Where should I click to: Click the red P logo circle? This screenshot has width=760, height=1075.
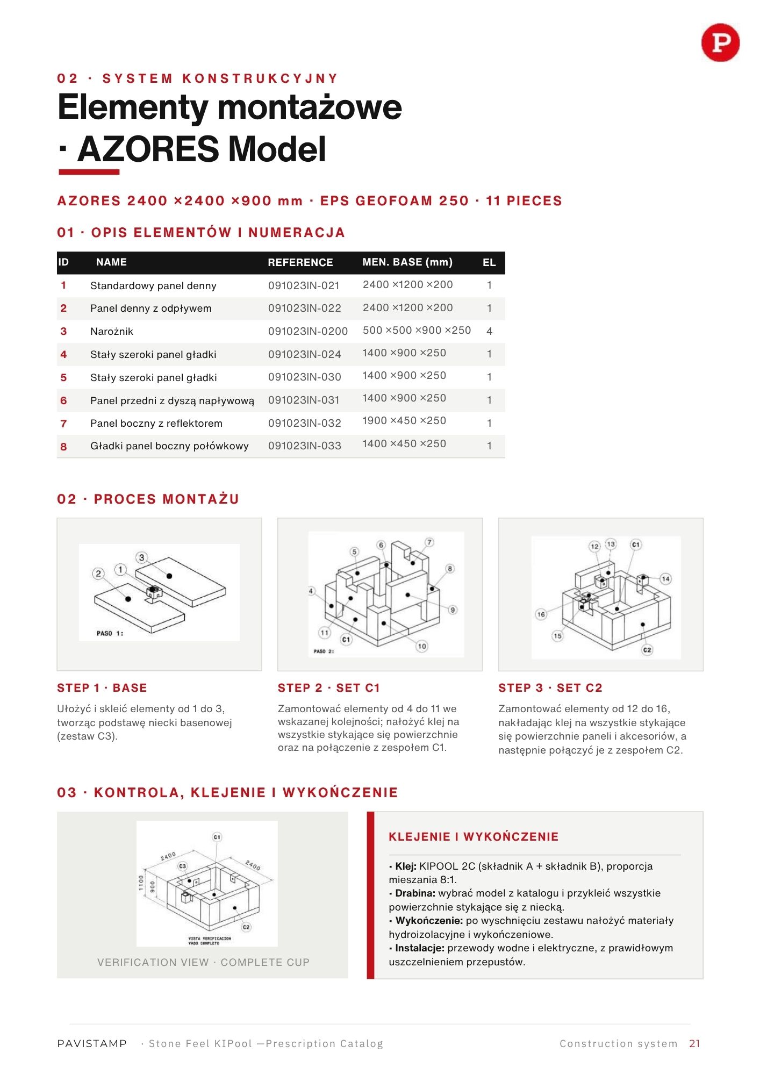(x=720, y=42)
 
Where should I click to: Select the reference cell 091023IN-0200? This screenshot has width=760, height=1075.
(x=308, y=331)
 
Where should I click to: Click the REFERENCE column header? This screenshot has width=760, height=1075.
(x=300, y=262)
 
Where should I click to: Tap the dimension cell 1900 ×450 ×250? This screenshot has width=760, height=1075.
(x=404, y=421)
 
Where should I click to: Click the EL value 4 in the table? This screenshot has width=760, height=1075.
(x=489, y=331)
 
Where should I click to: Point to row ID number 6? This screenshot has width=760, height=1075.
(x=63, y=400)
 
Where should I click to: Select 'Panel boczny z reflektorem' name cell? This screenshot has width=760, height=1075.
(x=156, y=424)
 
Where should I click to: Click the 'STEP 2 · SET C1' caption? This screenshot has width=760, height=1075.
(x=329, y=688)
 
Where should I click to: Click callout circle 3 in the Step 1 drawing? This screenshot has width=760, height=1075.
(x=141, y=557)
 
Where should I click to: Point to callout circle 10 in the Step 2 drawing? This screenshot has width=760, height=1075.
(x=422, y=646)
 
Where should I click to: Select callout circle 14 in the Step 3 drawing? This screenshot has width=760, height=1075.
(x=666, y=579)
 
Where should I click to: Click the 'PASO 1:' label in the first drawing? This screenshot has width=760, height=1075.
(x=110, y=633)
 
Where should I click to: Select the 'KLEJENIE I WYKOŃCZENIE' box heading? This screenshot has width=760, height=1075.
(x=474, y=837)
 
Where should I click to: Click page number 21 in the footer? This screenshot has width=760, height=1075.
(x=695, y=1043)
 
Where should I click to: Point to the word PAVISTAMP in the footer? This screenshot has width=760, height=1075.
(x=92, y=1043)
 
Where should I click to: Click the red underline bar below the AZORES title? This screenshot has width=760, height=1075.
(x=89, y=172)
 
